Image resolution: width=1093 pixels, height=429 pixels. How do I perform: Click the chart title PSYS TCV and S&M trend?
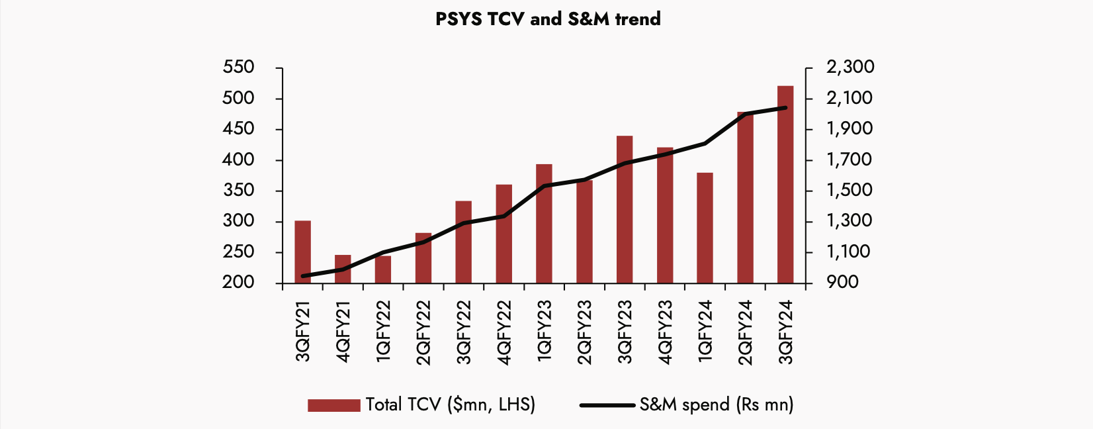click(548, 19)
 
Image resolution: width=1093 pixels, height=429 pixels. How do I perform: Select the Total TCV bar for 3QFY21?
click(302, 252)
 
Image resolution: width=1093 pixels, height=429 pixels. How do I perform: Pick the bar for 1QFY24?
click(705, 228)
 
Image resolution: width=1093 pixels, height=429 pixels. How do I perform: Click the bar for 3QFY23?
click(625, 209)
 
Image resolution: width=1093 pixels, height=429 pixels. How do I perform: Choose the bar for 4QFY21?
click(343, 269)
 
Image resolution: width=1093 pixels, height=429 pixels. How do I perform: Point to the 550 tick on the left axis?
click(239, 68)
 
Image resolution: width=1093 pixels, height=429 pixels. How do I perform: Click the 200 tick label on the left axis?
click(239, 283)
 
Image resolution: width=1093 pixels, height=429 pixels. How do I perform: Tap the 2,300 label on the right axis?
click(850, 68)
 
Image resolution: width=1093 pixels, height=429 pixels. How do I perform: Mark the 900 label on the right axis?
click(842, 283)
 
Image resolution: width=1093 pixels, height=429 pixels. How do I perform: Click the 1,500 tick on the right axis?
click(850, 191)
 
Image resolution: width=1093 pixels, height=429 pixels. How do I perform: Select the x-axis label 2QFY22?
click(423, 332)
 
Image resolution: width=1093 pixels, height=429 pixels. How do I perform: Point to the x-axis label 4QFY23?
click(665, 332)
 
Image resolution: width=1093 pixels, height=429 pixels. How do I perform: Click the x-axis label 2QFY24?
click(746, 332)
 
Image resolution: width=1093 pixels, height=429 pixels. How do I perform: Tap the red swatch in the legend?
click(333, 405)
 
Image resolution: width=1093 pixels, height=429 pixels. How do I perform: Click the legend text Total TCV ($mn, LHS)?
click(450, 405)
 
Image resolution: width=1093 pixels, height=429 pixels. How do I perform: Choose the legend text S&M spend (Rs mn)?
click(716, 405)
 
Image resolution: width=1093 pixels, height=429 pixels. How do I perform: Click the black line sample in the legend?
click(607, 405)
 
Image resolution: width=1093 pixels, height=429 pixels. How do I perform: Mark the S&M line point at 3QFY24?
click(785, 108)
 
